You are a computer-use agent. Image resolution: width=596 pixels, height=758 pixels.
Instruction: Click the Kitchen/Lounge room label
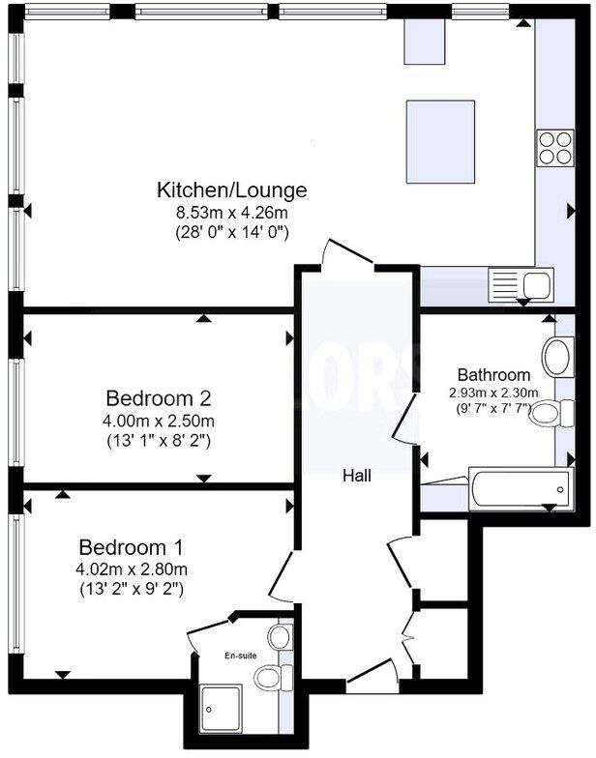[x=232, y=189]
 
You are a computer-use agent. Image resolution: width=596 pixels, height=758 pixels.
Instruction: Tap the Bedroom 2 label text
[x=159, y=398]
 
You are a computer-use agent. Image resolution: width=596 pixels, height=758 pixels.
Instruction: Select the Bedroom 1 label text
[x=131, y=545]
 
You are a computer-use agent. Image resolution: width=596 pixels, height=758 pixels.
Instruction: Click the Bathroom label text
[x=493, y=375]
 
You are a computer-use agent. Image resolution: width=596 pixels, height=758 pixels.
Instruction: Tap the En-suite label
[x=241, y=656]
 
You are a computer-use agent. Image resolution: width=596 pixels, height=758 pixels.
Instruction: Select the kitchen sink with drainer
[x=521, y=284]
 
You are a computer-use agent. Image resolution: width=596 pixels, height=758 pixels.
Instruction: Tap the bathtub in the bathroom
[x=521, y=489]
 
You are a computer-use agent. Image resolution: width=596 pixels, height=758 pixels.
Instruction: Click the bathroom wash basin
[x=557, y=357]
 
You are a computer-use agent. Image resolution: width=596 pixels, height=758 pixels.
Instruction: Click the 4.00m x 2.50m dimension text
[x=159, y=421]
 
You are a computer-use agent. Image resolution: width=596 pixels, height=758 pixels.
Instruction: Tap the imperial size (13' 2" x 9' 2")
[x=131, y=588]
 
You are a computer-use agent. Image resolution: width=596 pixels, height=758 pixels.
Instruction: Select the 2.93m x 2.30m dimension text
[x=493, y=394]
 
